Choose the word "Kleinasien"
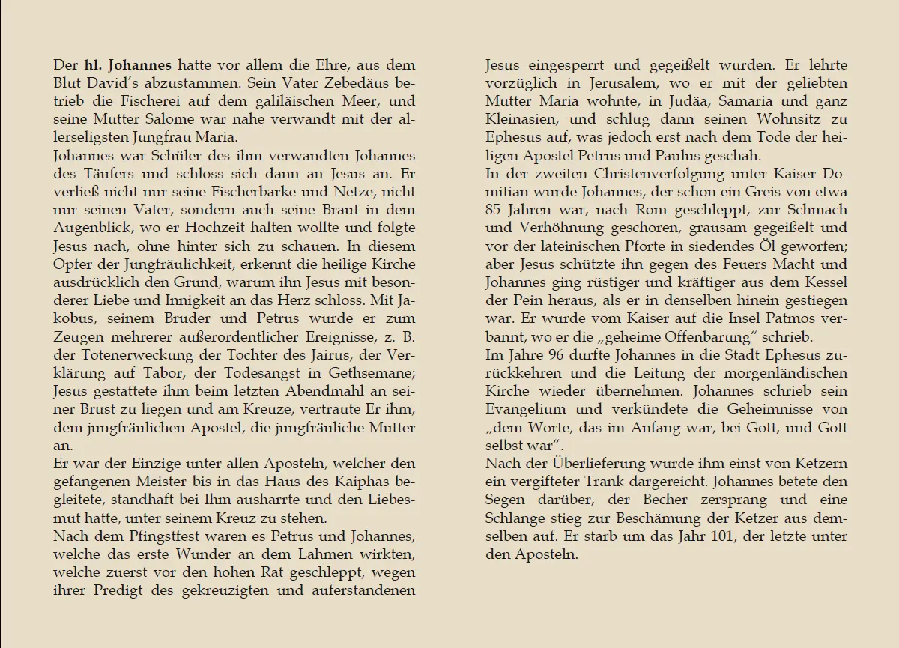tap(521, 119)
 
